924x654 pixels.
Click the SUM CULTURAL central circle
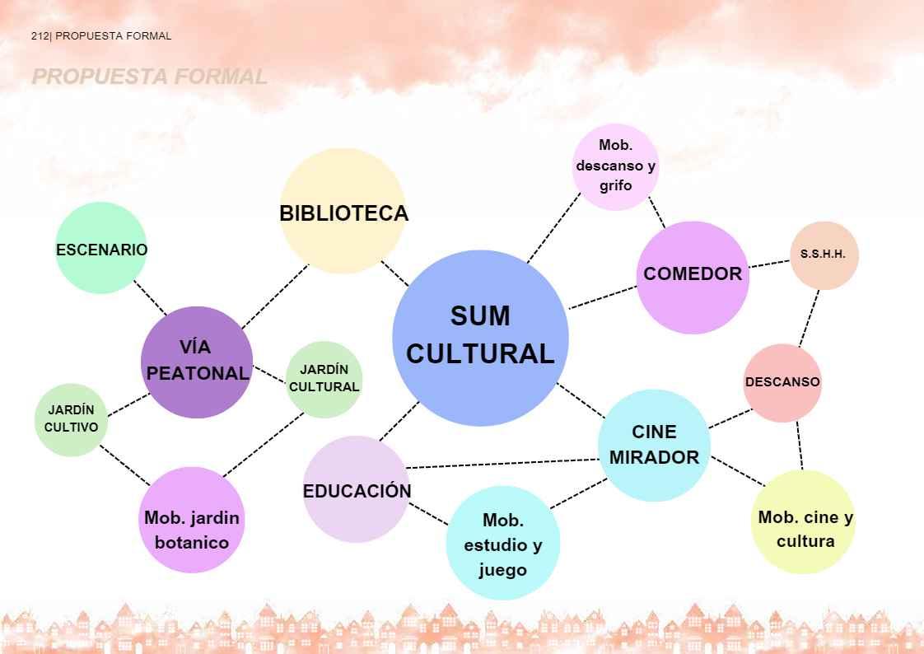coord(480,337)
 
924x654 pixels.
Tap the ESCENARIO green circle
coord(101,248)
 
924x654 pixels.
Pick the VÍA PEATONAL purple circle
coord(197,362)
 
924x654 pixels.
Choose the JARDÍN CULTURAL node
coord(324,380)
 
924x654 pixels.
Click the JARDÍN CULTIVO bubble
coord(72,419)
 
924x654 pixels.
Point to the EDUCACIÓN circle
coord(356,489)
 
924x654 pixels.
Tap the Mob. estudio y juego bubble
coord(502,543)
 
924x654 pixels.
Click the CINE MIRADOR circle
coord(654,445)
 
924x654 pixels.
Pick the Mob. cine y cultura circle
coord(804,522)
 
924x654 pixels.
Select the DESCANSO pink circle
coord(782,383)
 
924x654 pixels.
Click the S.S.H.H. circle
coord(824,255)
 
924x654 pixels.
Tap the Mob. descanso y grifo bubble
coord(615,166)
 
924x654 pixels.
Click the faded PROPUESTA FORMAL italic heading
coord(149,77)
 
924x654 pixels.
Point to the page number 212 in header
coord(40,36)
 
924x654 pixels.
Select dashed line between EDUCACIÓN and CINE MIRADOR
coord(502,464)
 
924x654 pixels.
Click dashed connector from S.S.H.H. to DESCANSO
coord(809,317)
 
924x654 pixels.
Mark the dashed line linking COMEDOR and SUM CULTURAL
coord(603,297)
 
